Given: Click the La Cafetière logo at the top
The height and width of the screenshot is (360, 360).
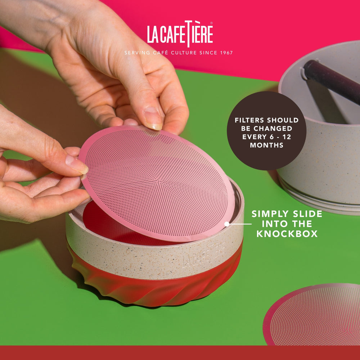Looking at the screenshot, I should tap(180, 34).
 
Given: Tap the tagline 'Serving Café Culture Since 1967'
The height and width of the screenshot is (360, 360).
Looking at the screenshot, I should tap(179, 53).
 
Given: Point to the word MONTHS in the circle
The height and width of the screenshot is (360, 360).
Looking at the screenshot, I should tap(267, 145).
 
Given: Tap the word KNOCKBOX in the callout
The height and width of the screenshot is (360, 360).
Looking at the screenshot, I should tap(287, 234).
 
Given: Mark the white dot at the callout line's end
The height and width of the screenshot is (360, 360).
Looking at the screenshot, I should tap(227, 224).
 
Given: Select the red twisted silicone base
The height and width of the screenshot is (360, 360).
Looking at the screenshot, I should tap(151, 288).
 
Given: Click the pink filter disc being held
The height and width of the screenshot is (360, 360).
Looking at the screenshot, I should tap(158, 184).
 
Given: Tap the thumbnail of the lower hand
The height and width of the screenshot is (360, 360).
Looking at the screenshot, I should tap(76, 164).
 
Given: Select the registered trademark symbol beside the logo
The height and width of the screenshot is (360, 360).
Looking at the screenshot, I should tap(211, 23).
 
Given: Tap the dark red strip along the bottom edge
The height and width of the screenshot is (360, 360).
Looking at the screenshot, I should tap(180, 353).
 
